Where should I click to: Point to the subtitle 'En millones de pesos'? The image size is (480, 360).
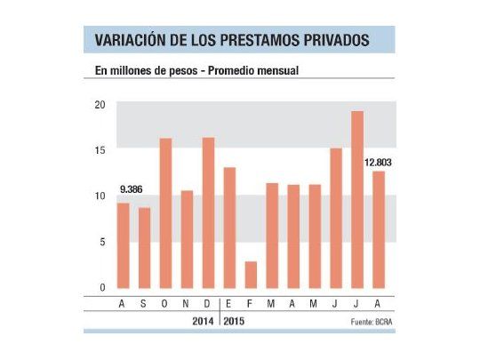141,71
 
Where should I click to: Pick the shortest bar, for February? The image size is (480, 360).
251,275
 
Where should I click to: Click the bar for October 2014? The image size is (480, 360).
165,213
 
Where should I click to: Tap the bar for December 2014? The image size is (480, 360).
208,213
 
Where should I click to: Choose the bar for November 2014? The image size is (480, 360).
187,239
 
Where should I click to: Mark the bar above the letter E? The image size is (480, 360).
229,228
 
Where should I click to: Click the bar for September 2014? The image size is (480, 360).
144,248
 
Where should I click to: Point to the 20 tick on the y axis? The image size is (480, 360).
100,104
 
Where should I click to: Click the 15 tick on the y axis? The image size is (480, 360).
100,149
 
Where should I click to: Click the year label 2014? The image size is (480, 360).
203,319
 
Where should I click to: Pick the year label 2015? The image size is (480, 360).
236,319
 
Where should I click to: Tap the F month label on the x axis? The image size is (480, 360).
251,303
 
